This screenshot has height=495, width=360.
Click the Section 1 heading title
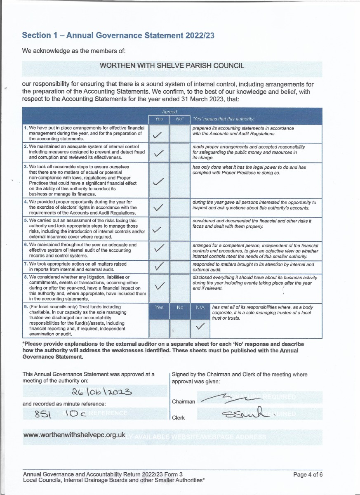pyautogui.click(x=118, y=35)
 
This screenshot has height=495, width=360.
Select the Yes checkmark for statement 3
pyautogui.click(x=158, y=181)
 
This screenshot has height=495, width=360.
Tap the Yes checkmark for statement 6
pyautogui.click(x=158, y=249)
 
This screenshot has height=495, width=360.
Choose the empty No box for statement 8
pyautogui.click(x=180, y=288)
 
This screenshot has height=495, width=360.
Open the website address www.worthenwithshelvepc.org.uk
pyautogui.click(x=74, y=435)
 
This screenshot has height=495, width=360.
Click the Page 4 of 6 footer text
pyautogui.click(x=308, y=475)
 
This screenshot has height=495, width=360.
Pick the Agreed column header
pyautogui.click(x=169, y=111)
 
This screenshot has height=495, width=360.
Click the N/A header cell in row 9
pyautogui.click(x=200, y=307)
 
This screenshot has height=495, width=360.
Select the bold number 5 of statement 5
pyautogui.click(x=26, y=221)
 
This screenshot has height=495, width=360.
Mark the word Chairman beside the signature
pyautogui.click(x=184, y=401)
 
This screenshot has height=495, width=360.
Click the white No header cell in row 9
pyautogui.click(x=180, y=307)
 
